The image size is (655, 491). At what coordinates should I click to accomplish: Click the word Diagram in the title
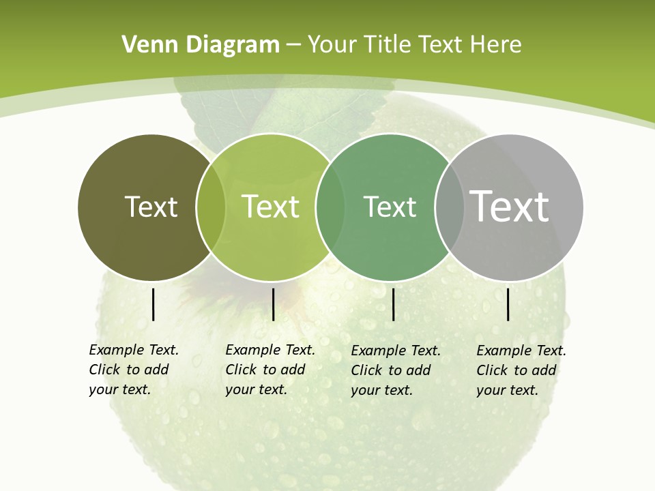point(233,45)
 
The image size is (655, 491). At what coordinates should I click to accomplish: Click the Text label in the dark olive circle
point(151,207)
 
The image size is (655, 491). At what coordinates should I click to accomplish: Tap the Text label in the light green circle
point(270,207)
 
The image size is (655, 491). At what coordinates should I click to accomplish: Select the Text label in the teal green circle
point(390,207)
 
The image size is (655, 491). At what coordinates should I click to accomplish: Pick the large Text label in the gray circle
point(510,206)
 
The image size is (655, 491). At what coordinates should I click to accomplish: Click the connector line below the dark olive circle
point(153,304)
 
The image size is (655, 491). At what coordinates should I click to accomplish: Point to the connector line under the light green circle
point(273,304)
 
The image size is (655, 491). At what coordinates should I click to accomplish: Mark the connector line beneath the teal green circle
point(394,304)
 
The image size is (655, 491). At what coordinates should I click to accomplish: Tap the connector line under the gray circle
point(508,304)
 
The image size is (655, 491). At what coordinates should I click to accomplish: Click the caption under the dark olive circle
point(133,370)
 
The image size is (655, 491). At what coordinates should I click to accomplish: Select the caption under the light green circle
point(270,370)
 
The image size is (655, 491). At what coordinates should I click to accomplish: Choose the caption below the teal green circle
point(395,370)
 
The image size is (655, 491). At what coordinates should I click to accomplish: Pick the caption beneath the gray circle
point(521,370)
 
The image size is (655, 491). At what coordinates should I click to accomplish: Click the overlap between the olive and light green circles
point(211,207)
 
